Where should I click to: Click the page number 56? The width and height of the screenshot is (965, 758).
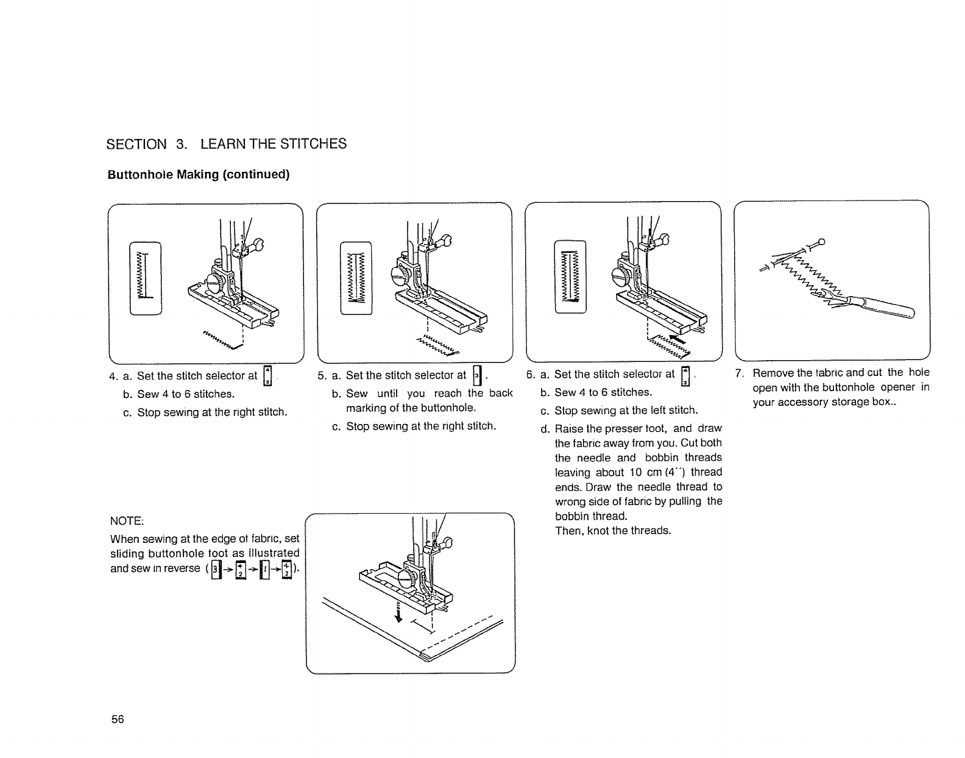pos(118,719)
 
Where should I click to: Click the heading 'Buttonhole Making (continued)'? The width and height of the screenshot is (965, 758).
pos(199,175)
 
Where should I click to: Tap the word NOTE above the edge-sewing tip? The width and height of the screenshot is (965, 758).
pos(126,521)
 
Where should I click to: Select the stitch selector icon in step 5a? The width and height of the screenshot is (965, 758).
pos(477,375)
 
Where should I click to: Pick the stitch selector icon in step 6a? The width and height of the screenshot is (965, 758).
pos(685,375)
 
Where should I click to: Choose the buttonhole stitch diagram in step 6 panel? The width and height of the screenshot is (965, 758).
pos(570,277)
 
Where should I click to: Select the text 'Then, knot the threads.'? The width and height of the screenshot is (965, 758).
pos(613,531)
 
